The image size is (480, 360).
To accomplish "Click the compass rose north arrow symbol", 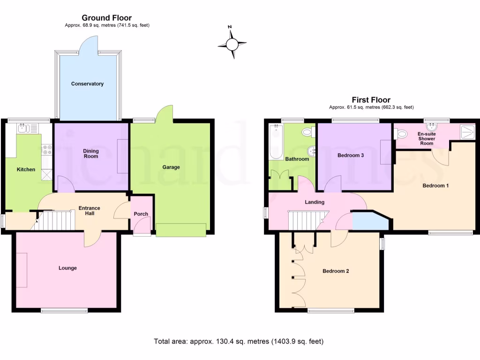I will [232, 44].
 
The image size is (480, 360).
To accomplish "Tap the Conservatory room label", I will [87, 84].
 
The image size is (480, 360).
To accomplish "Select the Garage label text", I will [171, 167].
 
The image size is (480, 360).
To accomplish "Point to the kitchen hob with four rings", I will [47, 150].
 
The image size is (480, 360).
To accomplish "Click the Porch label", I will [141, 214].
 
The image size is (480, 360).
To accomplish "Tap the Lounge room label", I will [67, 268].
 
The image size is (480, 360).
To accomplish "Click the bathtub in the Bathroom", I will [275, 142].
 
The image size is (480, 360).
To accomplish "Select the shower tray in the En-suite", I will [467, 132].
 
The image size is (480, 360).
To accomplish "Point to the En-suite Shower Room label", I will [427, 139].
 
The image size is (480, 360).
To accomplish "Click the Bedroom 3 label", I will [351, 156].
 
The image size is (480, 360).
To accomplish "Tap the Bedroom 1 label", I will [435, 186].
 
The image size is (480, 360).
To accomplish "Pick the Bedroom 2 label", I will [336, 271].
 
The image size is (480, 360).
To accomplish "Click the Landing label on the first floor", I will [315, 202].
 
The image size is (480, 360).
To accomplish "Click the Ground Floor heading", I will [107, 18].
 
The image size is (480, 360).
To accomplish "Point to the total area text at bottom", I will [239, 341].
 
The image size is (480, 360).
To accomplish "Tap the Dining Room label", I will [91, 153].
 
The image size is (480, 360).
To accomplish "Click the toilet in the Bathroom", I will [308, 132].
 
